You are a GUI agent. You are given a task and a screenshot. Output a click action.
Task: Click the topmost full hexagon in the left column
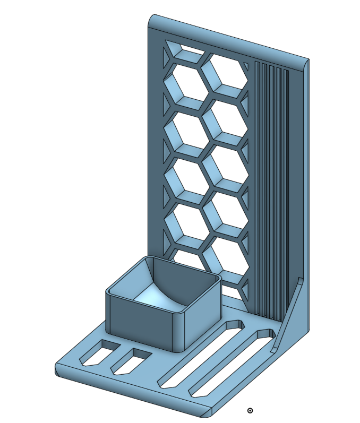click(186, 90)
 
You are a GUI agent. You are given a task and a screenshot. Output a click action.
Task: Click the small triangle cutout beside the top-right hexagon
click(245, 66)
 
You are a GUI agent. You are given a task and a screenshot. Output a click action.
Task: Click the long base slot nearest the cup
click(202, 353)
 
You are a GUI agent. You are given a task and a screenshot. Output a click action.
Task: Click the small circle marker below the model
click(251, 410)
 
